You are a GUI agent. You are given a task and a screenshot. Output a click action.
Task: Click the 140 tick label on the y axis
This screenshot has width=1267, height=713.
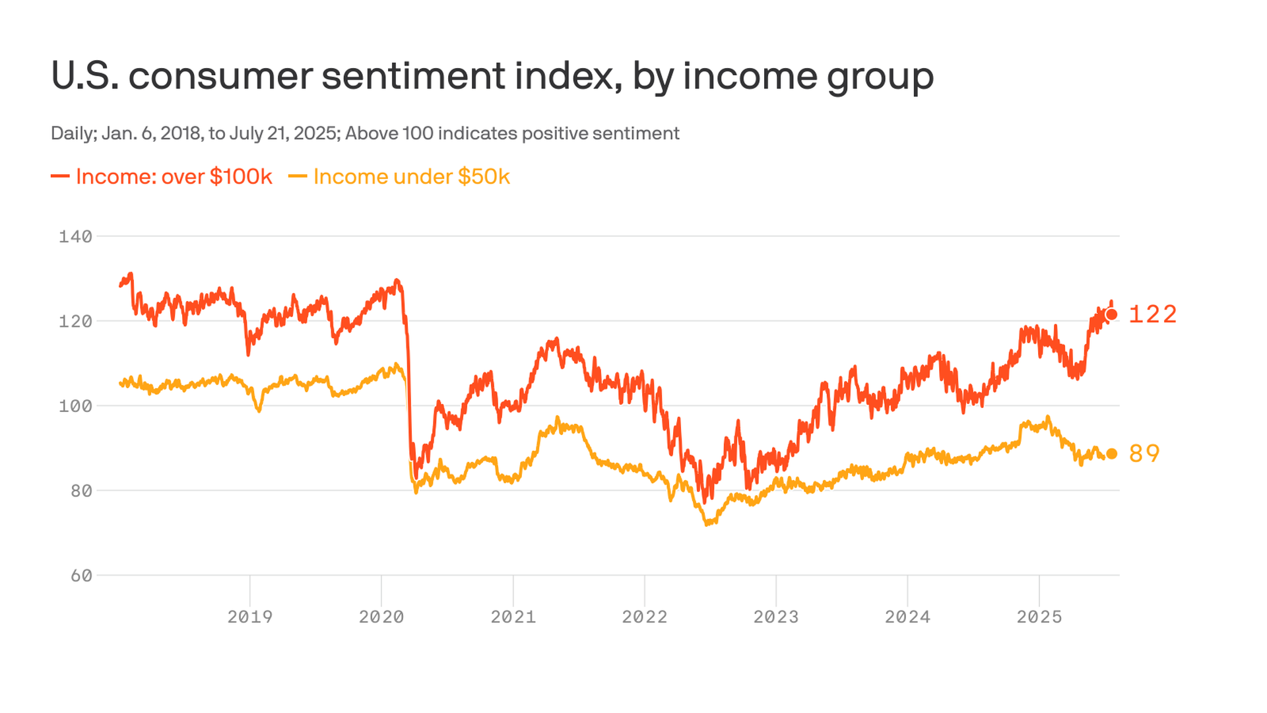tap(75, 236)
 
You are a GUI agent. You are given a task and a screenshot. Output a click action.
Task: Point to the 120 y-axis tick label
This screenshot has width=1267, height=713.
tap(75, 322)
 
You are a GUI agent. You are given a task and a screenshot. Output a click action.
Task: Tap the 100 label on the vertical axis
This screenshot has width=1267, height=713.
tap(75, 406)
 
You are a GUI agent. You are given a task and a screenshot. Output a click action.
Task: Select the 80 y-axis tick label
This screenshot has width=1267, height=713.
tap(81, 491)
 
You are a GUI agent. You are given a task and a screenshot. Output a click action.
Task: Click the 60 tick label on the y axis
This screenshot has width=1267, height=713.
tap(81, 576)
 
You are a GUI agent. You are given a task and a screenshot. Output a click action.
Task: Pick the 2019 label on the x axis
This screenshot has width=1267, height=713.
tap(249, 617)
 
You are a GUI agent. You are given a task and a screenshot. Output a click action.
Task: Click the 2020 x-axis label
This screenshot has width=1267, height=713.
tap(381, 617)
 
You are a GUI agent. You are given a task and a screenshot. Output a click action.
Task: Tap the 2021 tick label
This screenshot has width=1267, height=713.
tap(513, 617)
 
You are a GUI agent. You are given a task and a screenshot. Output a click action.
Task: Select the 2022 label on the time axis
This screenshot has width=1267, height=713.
tap(645, 617)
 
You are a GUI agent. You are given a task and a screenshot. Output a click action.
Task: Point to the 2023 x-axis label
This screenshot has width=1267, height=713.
tap(776, 617)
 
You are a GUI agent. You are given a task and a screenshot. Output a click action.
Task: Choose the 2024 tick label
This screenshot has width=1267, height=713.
tap(907, 617)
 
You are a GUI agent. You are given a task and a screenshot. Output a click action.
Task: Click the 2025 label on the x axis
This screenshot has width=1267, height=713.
tap(1039, 617)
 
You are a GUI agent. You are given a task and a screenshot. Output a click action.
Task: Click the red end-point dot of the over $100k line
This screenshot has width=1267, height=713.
tap(1111, 314)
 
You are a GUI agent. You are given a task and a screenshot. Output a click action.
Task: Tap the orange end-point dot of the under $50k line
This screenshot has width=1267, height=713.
tap(1111, 454)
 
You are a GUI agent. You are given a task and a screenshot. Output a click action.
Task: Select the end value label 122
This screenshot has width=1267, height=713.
tap(1153, 314)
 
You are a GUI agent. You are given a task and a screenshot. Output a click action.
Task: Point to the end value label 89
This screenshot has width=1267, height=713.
tap(1144, 454)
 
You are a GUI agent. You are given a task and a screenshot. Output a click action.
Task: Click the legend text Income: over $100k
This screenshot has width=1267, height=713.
tap(174, 177)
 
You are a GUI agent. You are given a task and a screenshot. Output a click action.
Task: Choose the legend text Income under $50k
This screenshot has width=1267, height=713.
tap(411, 177)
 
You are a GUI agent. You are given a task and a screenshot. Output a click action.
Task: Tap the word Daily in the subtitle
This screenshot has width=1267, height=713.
tap(72, 133)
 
